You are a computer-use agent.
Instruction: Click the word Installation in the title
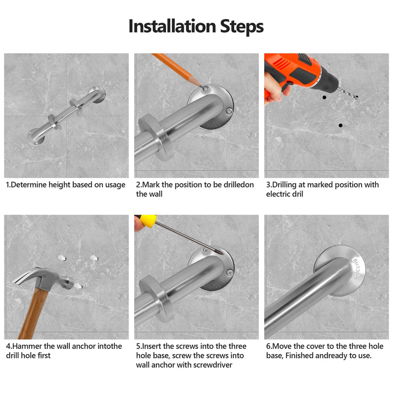point(172,26)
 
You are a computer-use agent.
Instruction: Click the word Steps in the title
point(242,27)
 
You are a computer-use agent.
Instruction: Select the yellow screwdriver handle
point(148,221)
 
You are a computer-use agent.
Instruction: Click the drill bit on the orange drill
point(348,93)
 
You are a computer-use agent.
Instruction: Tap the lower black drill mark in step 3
point(340,125)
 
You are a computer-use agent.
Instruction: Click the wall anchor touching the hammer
point(79,286)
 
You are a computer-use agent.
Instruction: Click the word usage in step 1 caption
point(115,185)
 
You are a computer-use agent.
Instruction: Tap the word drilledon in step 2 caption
point(238,185)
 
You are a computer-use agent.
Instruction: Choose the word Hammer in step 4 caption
point(27,346)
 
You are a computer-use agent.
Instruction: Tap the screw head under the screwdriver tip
point(206,251)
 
